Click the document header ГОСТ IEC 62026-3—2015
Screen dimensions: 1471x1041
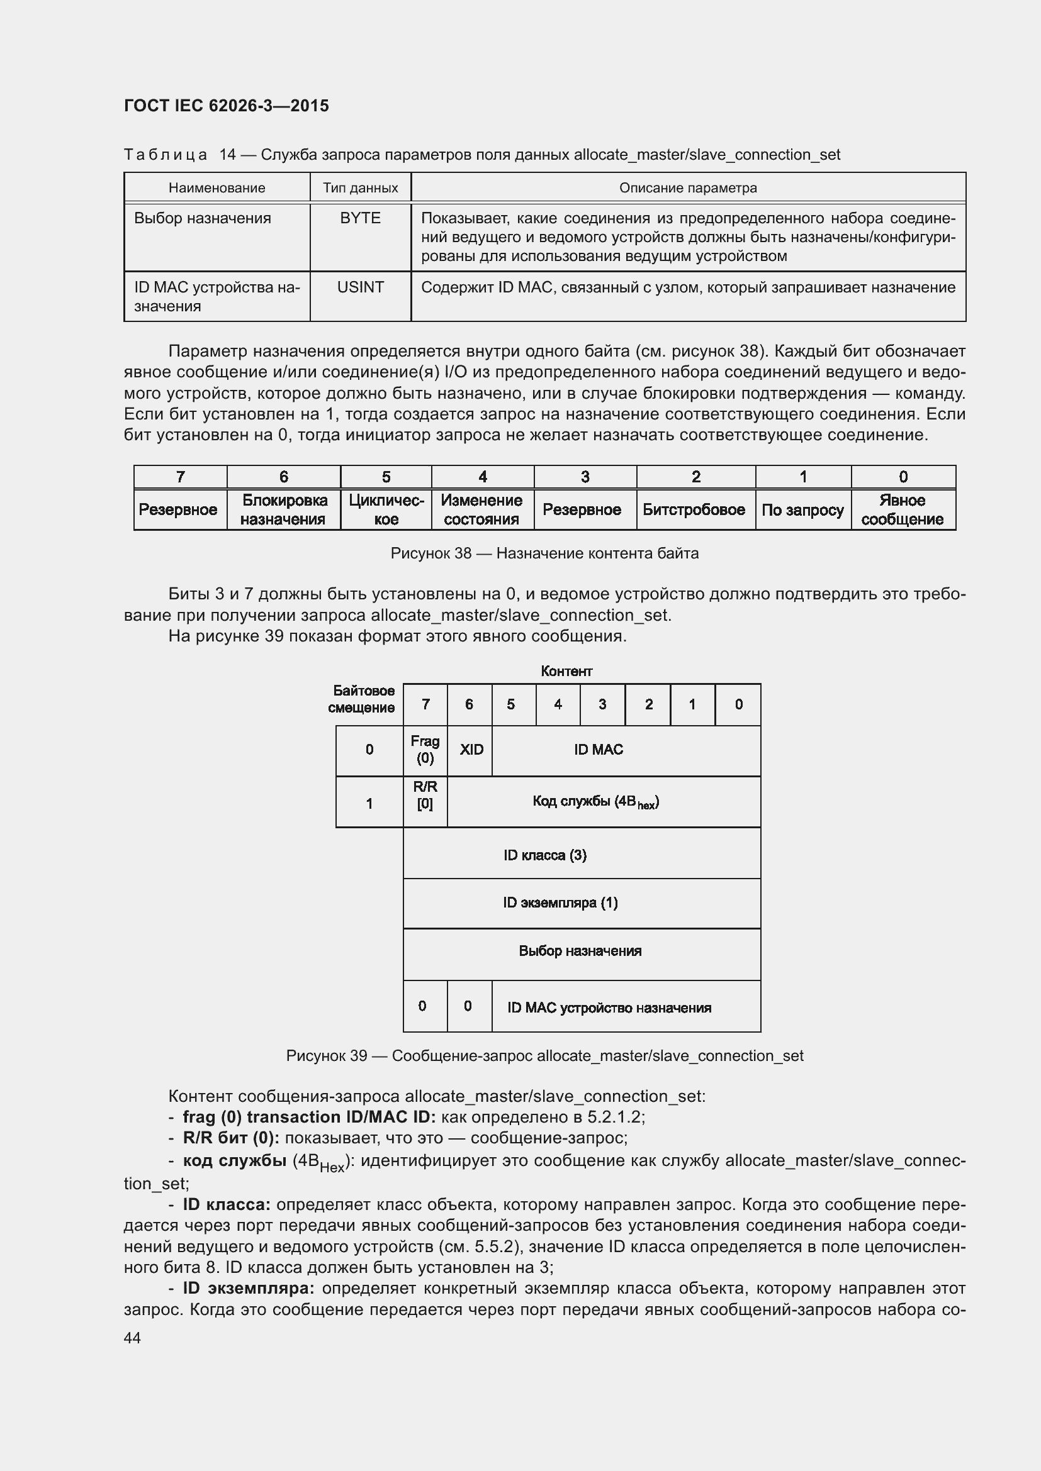tap(227, 106)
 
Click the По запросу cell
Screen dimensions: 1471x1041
tap(802, 510)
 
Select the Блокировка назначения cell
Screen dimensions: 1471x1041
tap(283, 510)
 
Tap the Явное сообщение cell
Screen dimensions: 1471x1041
tap(902, 510)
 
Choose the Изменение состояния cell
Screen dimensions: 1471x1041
tap(481, 510)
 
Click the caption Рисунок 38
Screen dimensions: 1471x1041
tap(544, 553)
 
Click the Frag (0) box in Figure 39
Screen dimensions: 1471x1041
tap(425, 750)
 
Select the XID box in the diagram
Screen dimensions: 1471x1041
tap(471, 750)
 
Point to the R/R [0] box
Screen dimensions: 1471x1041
tap(425, 795)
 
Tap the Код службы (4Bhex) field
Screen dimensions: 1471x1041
tap(596, 802)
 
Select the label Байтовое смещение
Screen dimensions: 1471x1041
tap(363, 699)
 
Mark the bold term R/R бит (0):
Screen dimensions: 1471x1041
tap(231, 1138)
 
